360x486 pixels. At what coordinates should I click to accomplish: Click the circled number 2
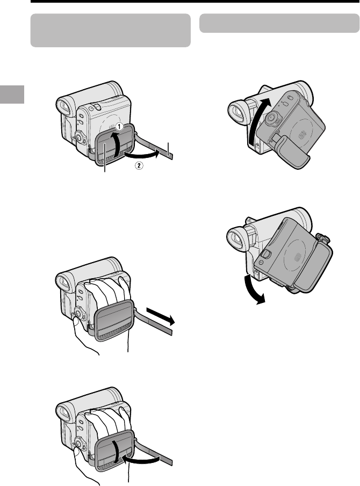pos(139,165)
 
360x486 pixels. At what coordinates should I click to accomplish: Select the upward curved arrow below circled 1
pos(116,143)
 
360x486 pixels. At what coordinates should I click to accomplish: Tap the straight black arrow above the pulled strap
pos(161,316)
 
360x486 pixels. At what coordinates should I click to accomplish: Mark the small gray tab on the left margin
pos(12,94)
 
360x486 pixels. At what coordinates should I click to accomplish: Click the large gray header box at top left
pos(110,31)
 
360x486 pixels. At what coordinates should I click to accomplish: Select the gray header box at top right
pos(279,23)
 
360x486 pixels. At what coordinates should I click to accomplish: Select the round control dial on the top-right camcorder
pos(272,118)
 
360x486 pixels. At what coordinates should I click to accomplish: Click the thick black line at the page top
pos(195,1)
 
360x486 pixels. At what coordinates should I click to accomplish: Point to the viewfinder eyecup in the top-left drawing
pos(66,106)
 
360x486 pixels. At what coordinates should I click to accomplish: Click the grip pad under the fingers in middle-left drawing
pos(114,321)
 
